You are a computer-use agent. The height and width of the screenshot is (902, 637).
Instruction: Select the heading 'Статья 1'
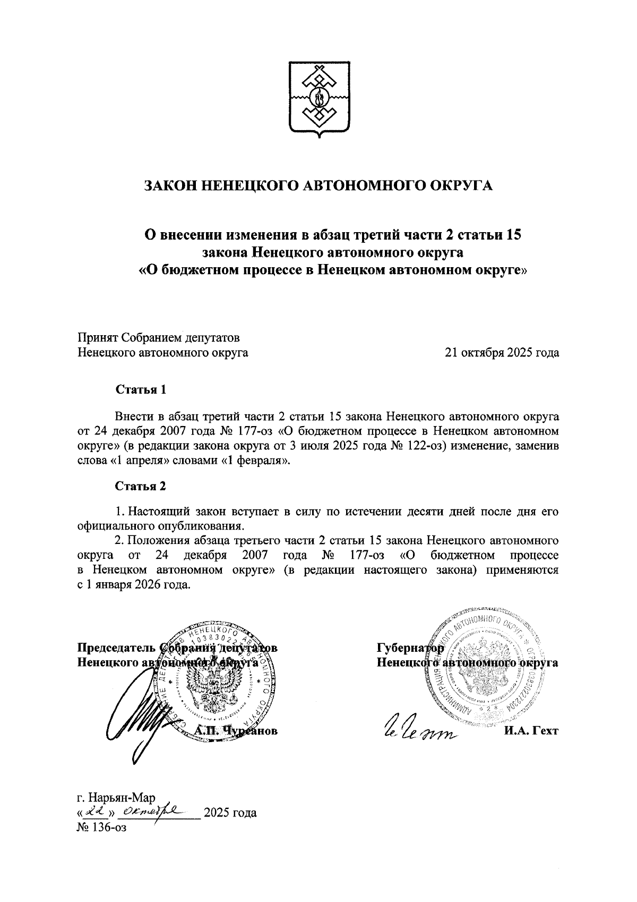(x=141, y=389)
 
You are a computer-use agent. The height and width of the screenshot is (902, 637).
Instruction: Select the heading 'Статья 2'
(x=141, y=486)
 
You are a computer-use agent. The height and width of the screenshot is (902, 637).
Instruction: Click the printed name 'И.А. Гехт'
(x=531, y=731)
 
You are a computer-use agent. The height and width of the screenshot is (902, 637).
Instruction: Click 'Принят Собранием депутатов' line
(x=159, y=338)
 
